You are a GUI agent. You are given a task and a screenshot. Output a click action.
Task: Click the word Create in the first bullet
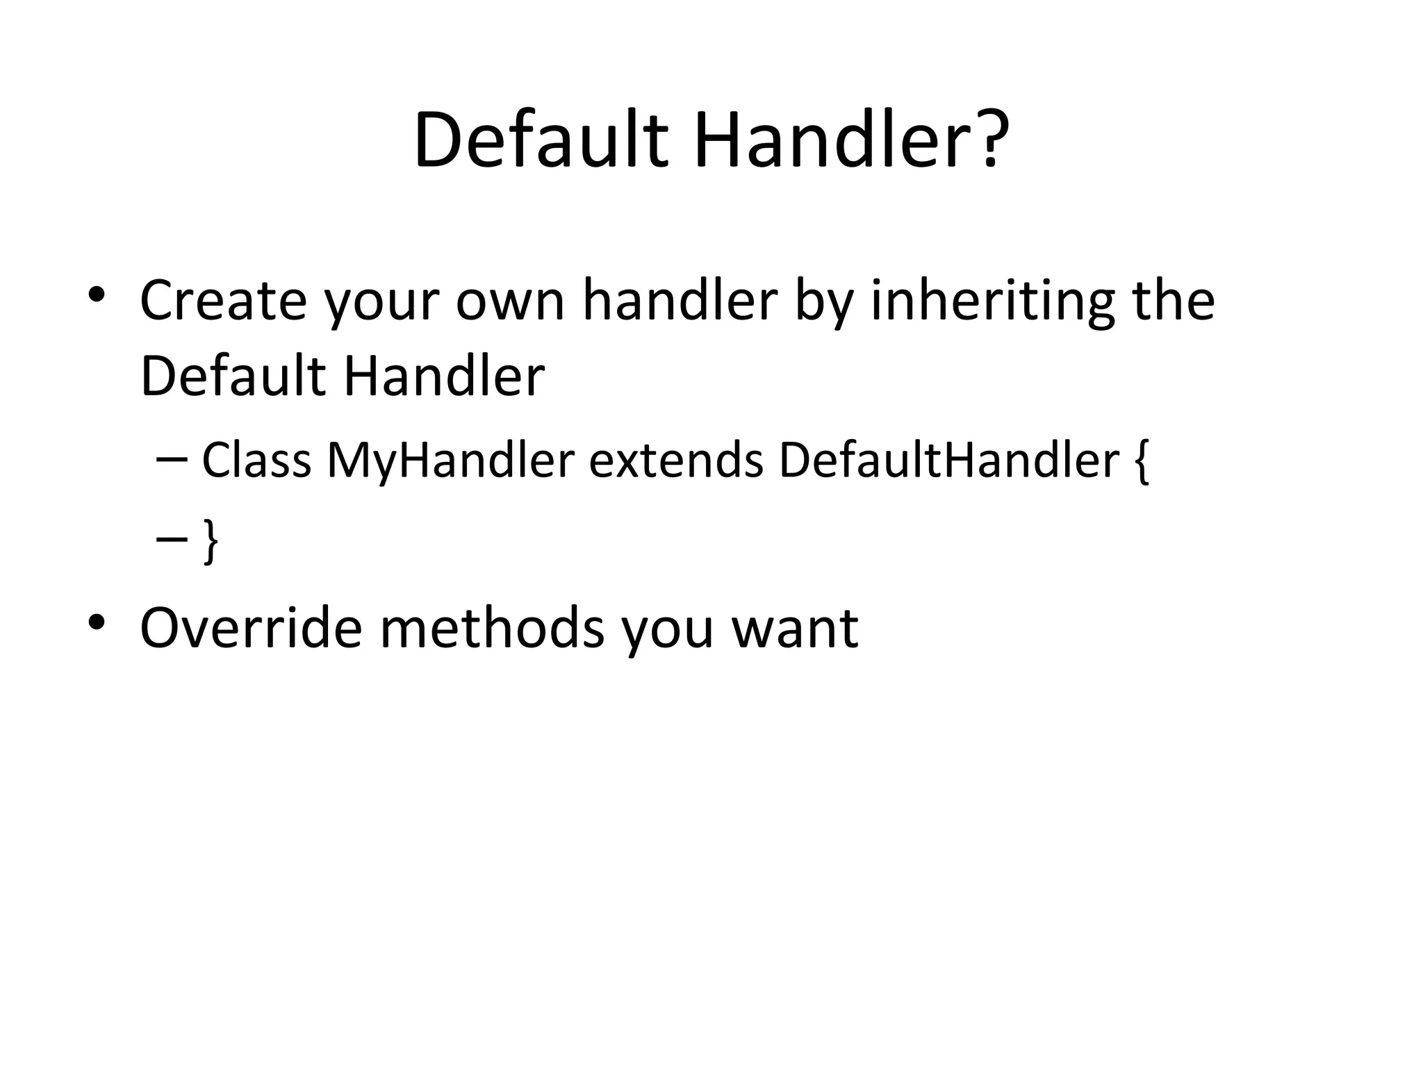[x=223, y=300]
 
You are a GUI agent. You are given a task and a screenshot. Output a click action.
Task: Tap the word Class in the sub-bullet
[x=256, y=460]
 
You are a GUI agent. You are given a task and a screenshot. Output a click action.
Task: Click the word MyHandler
[x=450, y=461]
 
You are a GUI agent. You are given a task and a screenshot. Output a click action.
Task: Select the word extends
[x=676, y=460]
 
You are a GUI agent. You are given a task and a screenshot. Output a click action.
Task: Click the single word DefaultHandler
[x=949, y=460]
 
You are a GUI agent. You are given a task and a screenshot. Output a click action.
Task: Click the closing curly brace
[x=211, y=541]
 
